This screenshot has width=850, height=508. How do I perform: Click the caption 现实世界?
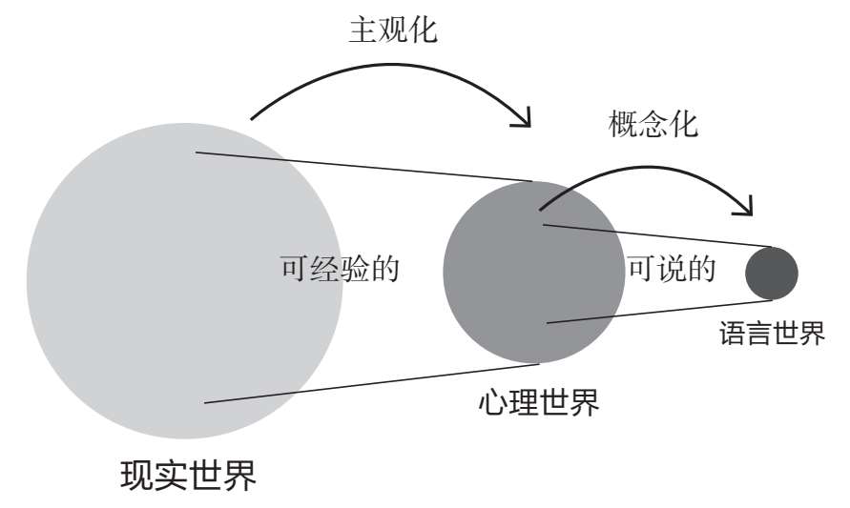click(x=188, y=475)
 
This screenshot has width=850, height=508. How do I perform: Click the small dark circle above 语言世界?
click(x=771, y=273)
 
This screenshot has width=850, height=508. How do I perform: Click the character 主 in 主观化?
click(x=361, y=30)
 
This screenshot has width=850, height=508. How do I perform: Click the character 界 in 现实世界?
click(x=240, y=475)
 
